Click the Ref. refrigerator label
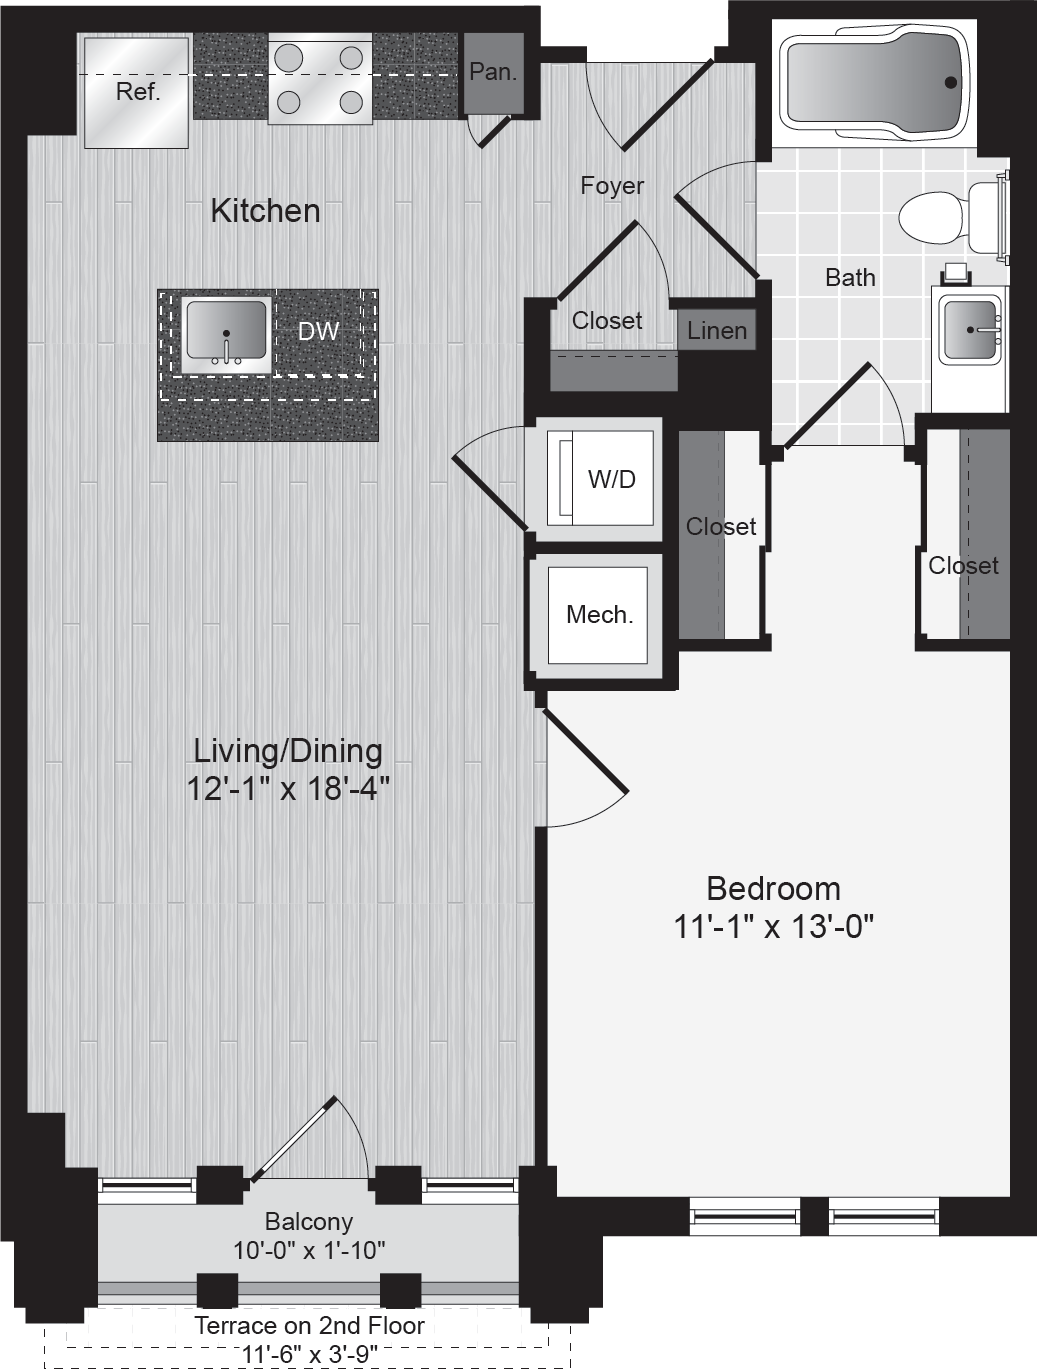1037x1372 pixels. pos(138,92)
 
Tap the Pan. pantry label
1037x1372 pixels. pos(493,72)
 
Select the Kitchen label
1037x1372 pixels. pos(266,211)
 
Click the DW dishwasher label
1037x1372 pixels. pos(319,331)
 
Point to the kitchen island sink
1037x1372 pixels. pos(226,335)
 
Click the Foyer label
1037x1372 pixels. pos(612,186)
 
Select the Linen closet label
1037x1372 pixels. pos(717,331)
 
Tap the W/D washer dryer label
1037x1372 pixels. pos(612,479)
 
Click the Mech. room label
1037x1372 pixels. pos(600,614)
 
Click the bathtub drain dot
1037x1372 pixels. pos(951,82)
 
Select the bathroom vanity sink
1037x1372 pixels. pos(970,329)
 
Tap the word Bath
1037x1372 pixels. pos(850,278)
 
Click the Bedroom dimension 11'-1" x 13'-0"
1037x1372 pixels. pos(773,926)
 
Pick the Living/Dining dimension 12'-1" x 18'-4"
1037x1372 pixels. pos(288,788)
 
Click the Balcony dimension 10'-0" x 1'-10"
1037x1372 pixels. pos(309,1251)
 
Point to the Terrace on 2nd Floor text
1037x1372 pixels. pos(310,1326)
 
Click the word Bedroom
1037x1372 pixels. pos(773,889)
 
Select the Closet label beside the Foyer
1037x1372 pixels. pos(607,321)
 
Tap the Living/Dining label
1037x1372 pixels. pos(288,751)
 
